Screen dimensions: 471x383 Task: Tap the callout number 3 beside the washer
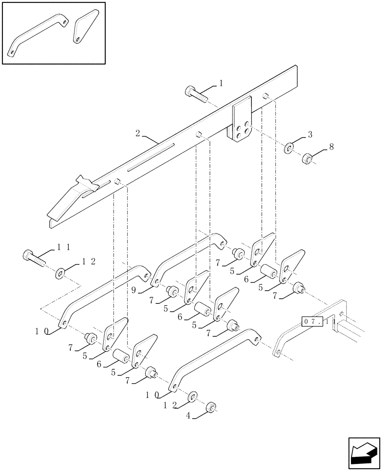click(x=310, y=135)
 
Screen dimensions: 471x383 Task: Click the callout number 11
click(x=64, y=246)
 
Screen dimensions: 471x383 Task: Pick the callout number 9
click(x=134, y=291)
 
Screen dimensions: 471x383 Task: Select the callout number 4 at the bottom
click(x=188, y=415)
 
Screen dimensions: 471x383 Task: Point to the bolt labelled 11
click(x=32, y=257)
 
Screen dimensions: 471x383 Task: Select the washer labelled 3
click(x=288, y=149)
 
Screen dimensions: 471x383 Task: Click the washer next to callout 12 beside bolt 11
click(x=60, y=272)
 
